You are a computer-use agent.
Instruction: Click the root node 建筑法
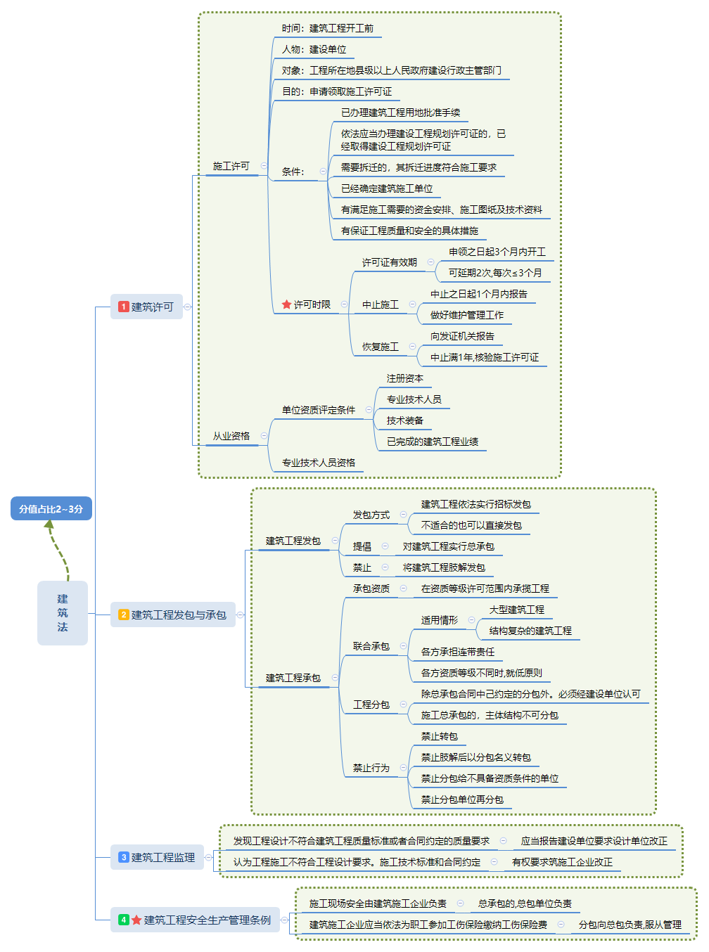point(63,612)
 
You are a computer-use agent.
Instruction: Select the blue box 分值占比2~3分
point(51,508)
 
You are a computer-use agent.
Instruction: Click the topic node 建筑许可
point(146,307)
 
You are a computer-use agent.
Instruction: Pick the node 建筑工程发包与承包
point(173,615)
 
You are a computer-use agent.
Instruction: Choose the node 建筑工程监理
point(157,857)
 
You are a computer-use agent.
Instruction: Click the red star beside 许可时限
point(286,304)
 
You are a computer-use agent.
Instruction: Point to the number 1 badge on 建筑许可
point(124,307)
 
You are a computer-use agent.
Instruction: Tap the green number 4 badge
point(124,920)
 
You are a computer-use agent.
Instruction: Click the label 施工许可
point(231,166)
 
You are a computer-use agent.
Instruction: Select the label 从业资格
point(231,436)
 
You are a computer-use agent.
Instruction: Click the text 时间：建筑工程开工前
point(328,28)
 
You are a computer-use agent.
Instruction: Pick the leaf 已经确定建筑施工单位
point(387,188)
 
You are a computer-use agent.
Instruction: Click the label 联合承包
point(371,646)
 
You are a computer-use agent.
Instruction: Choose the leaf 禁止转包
point(440,736)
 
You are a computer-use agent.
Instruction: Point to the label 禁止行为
point(371,768)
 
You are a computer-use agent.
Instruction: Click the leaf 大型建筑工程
point(517,610)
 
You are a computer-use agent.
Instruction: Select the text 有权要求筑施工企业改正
point(562,862)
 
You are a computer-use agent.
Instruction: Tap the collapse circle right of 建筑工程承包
point(335,678)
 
